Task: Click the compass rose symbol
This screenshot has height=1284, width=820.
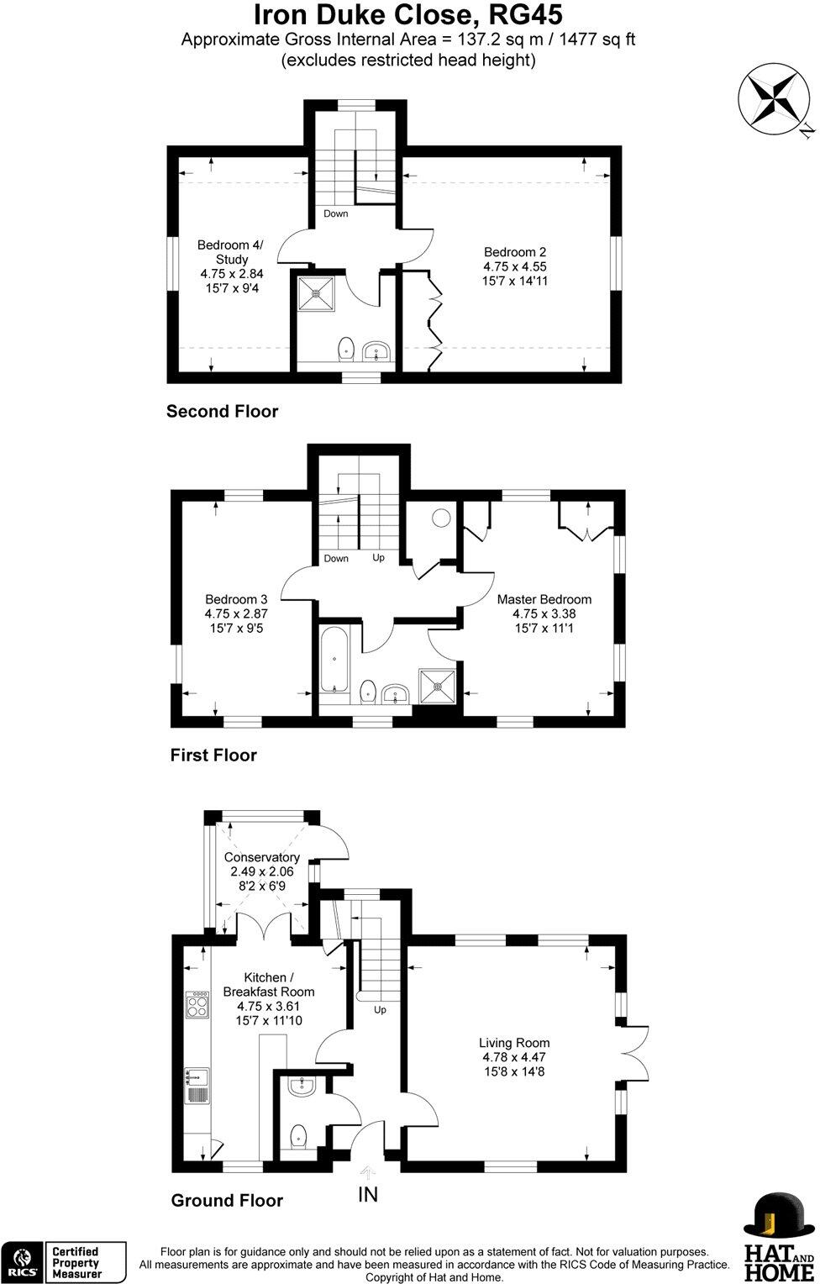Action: point(770,98)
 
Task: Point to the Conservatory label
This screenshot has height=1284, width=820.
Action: point(261,871)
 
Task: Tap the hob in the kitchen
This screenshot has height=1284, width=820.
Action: point(197,1005)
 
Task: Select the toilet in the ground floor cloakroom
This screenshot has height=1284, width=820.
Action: point(297,1138)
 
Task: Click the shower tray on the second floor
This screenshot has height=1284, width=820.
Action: point(318,293)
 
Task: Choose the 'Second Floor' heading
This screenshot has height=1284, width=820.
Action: point(222,411)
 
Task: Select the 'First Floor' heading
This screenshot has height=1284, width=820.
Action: point(213,755)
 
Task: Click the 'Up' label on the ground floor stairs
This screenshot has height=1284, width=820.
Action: point(380,1009)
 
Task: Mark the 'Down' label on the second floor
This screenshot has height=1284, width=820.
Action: point(335,213)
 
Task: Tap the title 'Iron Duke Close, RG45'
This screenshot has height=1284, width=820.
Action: point(408,15)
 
